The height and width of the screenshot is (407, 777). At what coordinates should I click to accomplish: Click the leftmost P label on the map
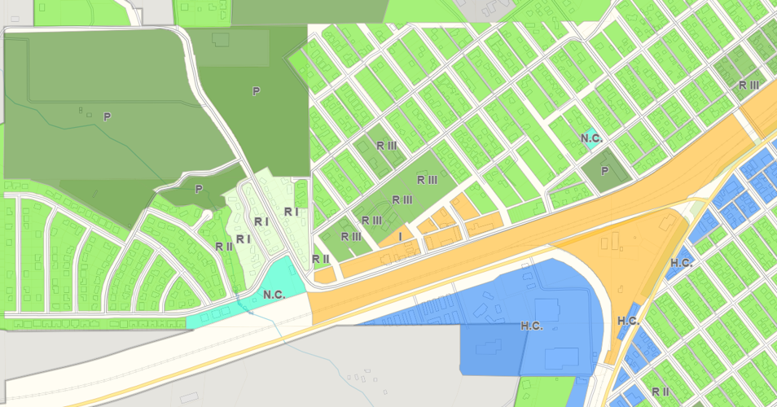pos(106,117)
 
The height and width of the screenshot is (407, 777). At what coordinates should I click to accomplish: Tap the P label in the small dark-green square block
pos(604,171)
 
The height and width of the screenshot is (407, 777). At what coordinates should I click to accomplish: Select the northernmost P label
pos(256,91)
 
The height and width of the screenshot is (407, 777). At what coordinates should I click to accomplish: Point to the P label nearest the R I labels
pos(198,189)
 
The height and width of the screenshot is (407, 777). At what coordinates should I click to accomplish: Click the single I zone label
pos(400,236)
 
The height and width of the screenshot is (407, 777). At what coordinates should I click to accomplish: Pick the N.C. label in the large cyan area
pos(274,295)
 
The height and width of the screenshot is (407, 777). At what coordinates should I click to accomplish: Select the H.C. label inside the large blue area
pos(531,326)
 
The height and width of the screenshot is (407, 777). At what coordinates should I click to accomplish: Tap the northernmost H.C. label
pos(681,262)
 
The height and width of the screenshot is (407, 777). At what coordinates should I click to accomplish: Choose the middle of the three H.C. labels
pos(627,320)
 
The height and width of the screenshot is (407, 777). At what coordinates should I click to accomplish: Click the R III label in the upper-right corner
pos(748,85)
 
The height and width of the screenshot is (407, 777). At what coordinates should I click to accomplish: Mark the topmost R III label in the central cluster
pos(386,145)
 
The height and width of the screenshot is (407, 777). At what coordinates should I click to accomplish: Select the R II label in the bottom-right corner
pos(661,392)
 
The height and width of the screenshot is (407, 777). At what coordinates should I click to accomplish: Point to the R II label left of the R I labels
pos(224,246)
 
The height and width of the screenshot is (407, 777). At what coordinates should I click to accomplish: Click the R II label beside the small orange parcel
pos(320,259)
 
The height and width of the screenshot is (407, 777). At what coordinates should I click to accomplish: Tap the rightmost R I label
pos(292,212)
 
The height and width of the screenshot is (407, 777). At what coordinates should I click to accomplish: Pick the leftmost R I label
pos(243,239)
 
